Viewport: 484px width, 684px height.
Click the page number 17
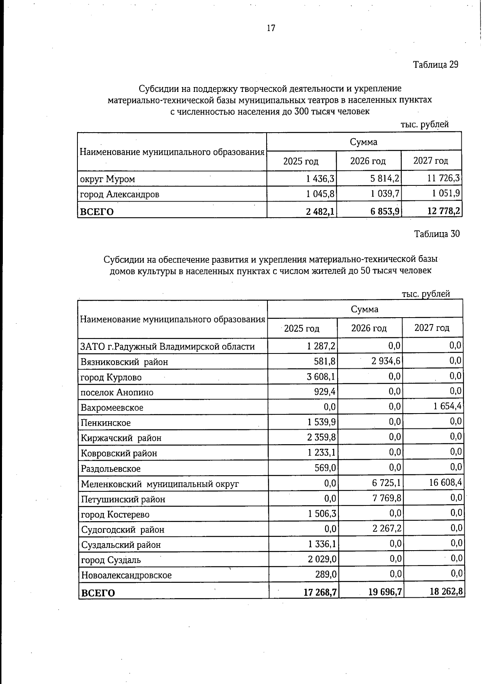click(271, 28)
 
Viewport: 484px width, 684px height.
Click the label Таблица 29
click(436, 64)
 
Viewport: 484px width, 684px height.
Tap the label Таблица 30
click(437, 234)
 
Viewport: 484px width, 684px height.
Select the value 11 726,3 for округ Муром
click(444, 178)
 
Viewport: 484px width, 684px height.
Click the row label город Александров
click(120, 194)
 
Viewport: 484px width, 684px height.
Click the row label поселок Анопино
click(117, 392)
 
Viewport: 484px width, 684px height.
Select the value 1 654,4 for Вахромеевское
click(447, 406)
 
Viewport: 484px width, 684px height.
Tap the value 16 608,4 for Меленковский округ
click(445, 482)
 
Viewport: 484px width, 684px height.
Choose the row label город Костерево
click(115, 514)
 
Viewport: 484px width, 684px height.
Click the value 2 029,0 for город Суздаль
click(322, 559)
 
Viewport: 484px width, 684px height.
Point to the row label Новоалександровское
click(126, 575)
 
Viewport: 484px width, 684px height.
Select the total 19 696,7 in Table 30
click(385, 592)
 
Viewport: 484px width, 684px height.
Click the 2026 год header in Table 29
click(367, 161)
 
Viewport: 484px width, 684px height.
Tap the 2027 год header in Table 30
click(432, 328)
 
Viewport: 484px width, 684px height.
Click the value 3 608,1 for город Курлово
click(321, 376)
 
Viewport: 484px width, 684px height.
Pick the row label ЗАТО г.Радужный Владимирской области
click(168, 346)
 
